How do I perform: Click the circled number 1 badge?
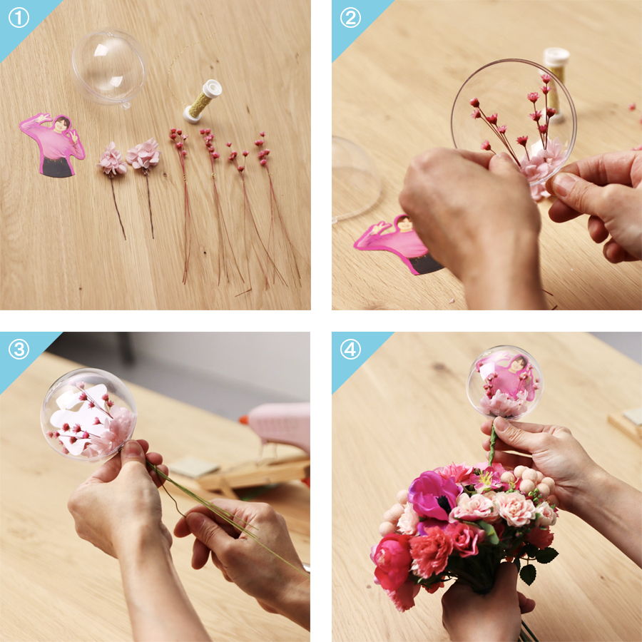coord(19,19)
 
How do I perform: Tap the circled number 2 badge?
coord(350,19)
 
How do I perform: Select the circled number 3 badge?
coord(19,350)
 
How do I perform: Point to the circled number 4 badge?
coord(350,350)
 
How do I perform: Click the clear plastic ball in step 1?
coord(109,67)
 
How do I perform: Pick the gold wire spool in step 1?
coord(203,101)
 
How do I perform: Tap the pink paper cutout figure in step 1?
coord(53,145)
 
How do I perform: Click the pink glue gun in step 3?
coord(278,425)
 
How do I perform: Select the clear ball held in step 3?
coord(88,414)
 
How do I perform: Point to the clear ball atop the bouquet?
coord(505,383)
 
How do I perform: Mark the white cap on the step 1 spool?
coord(213,88)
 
